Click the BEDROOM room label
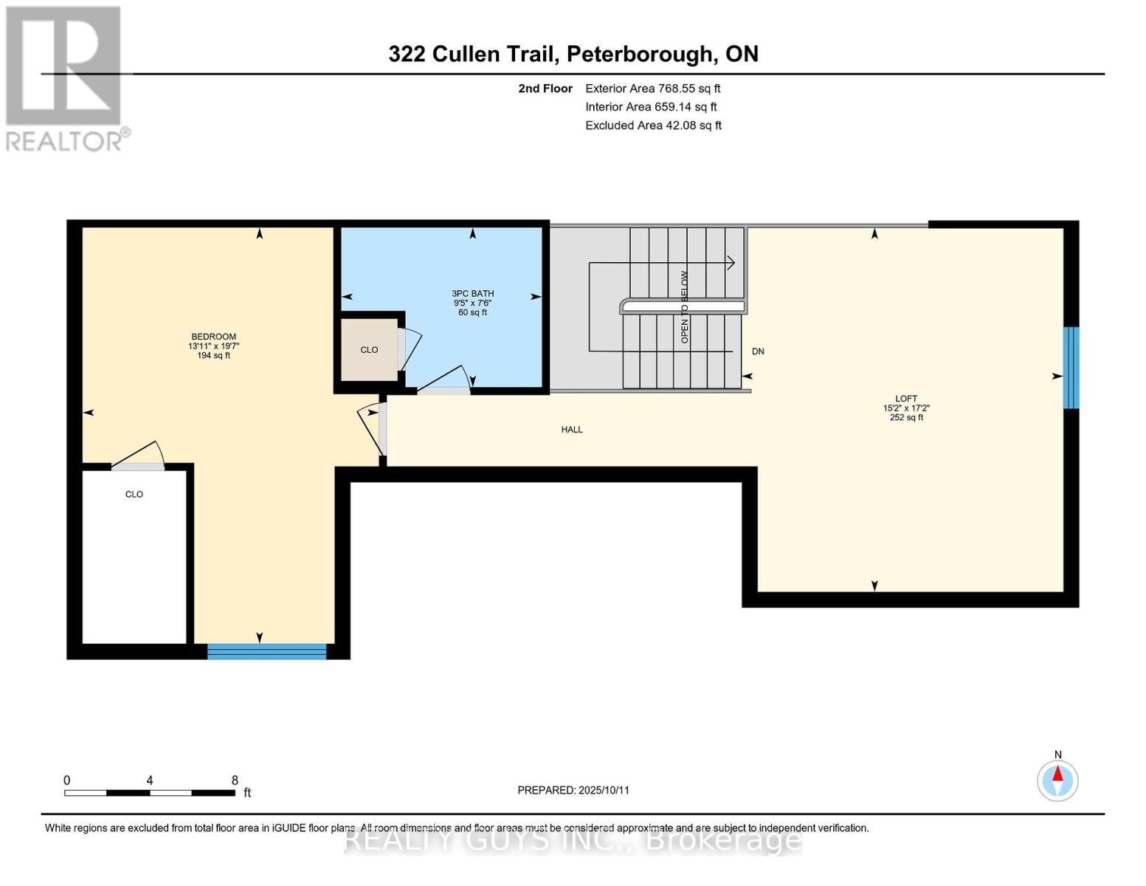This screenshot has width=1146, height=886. (213, 337)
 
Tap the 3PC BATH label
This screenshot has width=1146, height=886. (472, 293)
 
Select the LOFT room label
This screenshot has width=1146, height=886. (905, 399)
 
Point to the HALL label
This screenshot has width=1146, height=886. (571, 430)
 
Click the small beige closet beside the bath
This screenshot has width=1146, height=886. (369, 350)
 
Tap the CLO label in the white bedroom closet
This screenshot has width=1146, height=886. (134, 495)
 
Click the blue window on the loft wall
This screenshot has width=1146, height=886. (1070, 368)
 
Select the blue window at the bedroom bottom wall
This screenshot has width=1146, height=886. (266, 651)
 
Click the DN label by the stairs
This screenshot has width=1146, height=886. (757, 351)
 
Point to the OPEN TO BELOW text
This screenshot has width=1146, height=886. (684, 306)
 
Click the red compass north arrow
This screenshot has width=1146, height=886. (1057, 775)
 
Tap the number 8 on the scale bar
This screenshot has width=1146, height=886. (235, 780)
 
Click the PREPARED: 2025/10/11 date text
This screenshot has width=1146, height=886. (573, 790)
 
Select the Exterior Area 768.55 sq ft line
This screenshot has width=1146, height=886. (652, 89)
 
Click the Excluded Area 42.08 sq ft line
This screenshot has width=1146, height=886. (652, 126)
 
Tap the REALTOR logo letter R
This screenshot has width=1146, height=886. (63, 66)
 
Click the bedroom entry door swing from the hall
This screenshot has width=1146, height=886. (371, 427)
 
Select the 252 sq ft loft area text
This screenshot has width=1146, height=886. (905, 418)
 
